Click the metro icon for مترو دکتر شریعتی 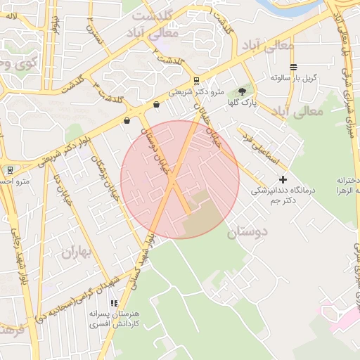[196, 80]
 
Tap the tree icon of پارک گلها [243, 91]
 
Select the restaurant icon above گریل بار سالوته [293, 66]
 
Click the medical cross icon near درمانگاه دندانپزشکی [283, 180]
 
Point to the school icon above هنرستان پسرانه [114, 303]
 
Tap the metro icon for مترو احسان [10, 170]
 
